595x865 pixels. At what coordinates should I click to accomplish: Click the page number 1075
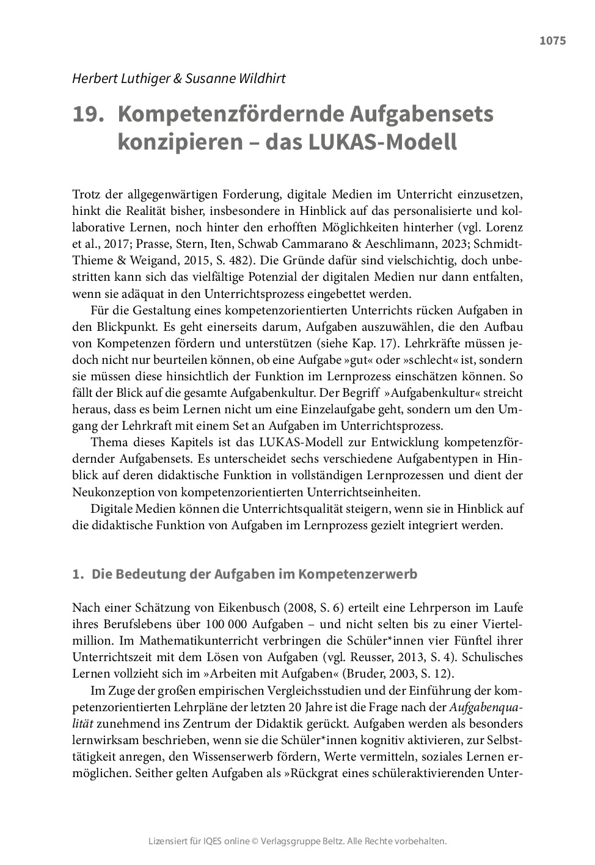552,41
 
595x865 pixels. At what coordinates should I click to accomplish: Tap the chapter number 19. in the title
86,115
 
